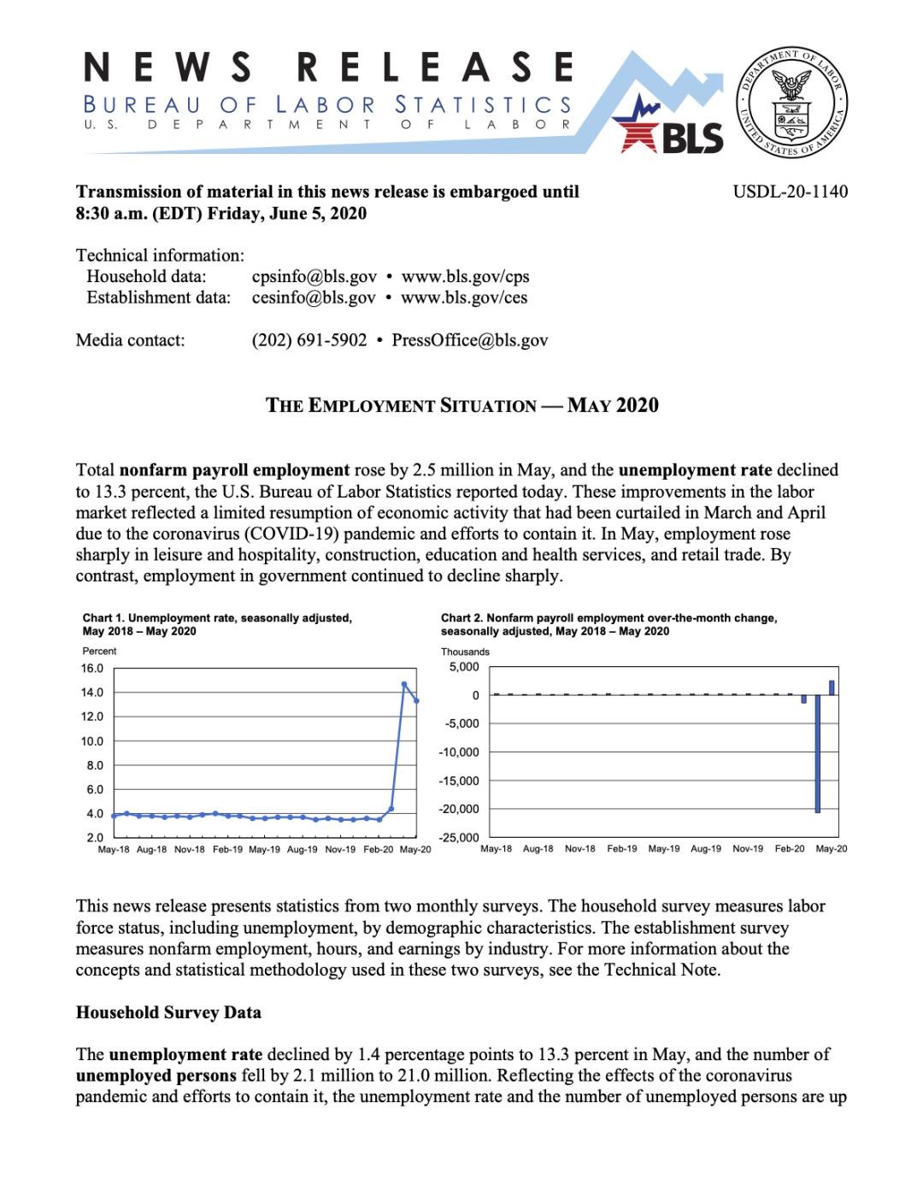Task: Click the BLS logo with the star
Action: pos(674,128)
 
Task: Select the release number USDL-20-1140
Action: pos(791,192)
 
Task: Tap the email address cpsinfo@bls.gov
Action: pos(314,276)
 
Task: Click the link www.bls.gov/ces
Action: pos(464,298)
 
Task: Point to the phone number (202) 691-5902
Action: pos(309,340)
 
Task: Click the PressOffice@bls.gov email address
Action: pos(470,340)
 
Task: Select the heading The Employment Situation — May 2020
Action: pos(461,405)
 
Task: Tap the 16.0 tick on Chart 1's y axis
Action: pos(92,669)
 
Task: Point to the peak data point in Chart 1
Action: pos(404,684)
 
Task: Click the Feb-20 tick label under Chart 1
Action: pos(378,850)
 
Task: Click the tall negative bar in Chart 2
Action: pos(818,752)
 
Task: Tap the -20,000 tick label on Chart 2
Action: pos(459,809)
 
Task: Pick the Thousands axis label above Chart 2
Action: pos(465,652)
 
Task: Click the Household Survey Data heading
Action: pos(168,1012)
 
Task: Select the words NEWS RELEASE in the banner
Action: pos(329,68)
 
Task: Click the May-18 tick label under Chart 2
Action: pos(497,849)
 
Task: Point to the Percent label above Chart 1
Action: pos(99,652)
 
